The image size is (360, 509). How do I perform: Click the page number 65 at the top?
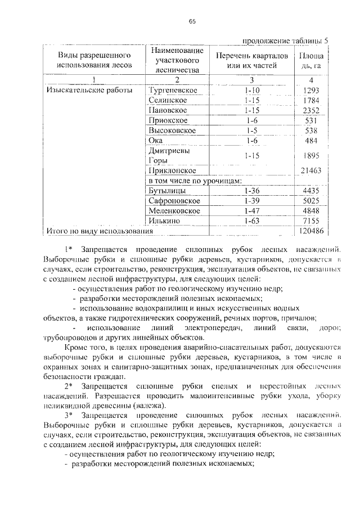pyautogui.click(x=192, y=21)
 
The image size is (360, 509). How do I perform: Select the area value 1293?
pyautogui.click(x=310, y=90)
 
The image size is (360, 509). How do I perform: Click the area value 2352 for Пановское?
pyautogui.click(x=310, y=110)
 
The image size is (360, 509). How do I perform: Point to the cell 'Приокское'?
pyautogui.click(x=168, y=120)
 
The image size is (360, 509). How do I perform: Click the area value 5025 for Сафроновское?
pyautogui.click(x=310, y=201)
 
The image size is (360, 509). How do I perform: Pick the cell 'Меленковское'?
pyautogui.click(x=174, y=211)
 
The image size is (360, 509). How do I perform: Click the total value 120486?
pyautogui.click(x=310, y=231)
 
